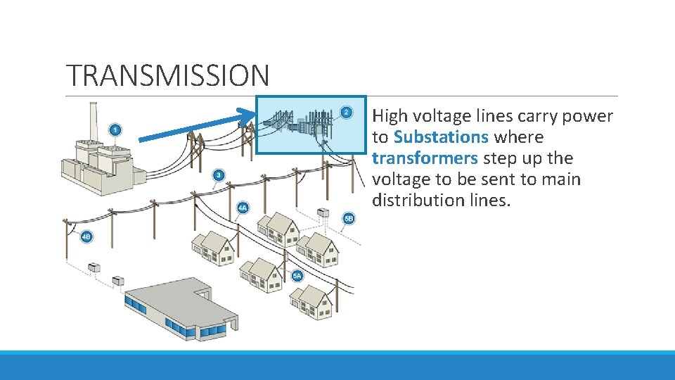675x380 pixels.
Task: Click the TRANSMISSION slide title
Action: click(x=167, y=75)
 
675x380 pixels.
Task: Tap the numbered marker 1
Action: click(x=115, y=130)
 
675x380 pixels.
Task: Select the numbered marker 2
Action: click(x=346, y=113)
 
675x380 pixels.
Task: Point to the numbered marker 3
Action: click(x=219, y=175)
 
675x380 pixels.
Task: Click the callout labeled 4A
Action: click(x=243, y=208)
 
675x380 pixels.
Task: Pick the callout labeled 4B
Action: click(x=86, y=236)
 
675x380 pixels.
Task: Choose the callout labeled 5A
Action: click(x=297, y=276)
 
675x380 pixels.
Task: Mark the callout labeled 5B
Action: click(x=349, y=219)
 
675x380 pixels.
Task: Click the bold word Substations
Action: click(x=441, y=137)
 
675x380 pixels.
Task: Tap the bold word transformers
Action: click(x=425, y=158)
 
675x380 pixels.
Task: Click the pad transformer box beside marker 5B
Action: click(x=323, y=213)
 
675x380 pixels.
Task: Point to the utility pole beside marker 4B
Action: click(x=68, y=239)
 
